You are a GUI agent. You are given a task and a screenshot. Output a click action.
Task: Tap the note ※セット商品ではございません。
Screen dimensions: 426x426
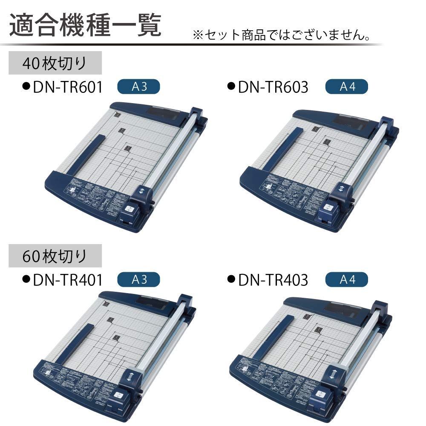click(x=281, y=35)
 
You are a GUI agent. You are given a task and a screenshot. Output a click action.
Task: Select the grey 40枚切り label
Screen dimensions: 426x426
click(x=55, y=63)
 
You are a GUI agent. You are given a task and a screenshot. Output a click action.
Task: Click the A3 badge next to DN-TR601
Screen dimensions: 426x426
click(x=138, y=87)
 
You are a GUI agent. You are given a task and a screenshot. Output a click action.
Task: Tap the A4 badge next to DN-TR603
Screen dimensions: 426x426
click(x=346, y=87)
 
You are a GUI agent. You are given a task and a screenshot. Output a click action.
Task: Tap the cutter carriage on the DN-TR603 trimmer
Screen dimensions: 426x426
click(x=334, y=202)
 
